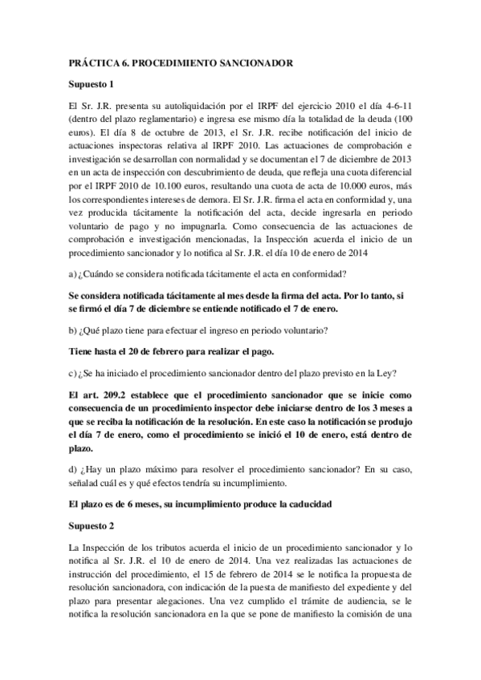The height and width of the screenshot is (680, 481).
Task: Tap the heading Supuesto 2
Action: [92, 525]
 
